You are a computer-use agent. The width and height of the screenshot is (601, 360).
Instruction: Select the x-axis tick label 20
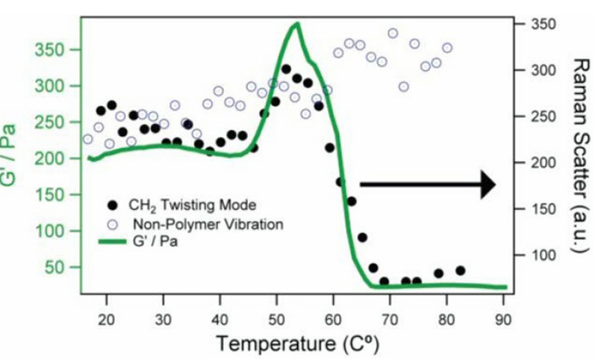(x=107, y=317)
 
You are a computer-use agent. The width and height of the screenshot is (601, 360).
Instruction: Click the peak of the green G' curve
(x=297, y=23)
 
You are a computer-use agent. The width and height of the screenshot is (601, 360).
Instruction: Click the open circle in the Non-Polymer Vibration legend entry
(x=113, y=223)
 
